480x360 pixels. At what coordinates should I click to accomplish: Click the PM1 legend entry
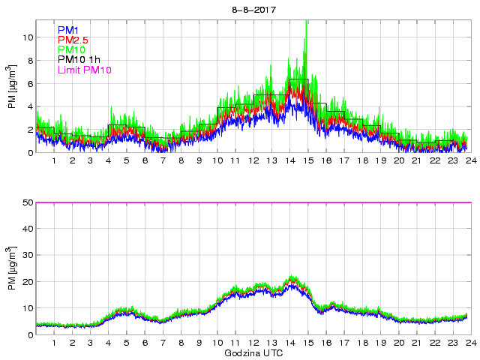tap(67, 29)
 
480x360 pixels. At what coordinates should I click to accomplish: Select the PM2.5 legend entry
tap(72, 40)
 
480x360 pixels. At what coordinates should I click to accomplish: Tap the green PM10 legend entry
tap(70, 49)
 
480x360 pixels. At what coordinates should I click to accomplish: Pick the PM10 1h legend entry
tap(79, 60)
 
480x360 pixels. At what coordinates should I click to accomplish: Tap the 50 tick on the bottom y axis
tap(25, 202)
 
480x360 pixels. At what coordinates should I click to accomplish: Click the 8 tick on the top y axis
tap(28, 60)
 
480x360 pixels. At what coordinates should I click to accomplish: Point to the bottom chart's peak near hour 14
tap(292, 277)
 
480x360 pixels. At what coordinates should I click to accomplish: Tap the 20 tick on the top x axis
tap(399, 161)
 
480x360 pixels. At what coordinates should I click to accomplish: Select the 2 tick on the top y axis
tap(28, 130)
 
